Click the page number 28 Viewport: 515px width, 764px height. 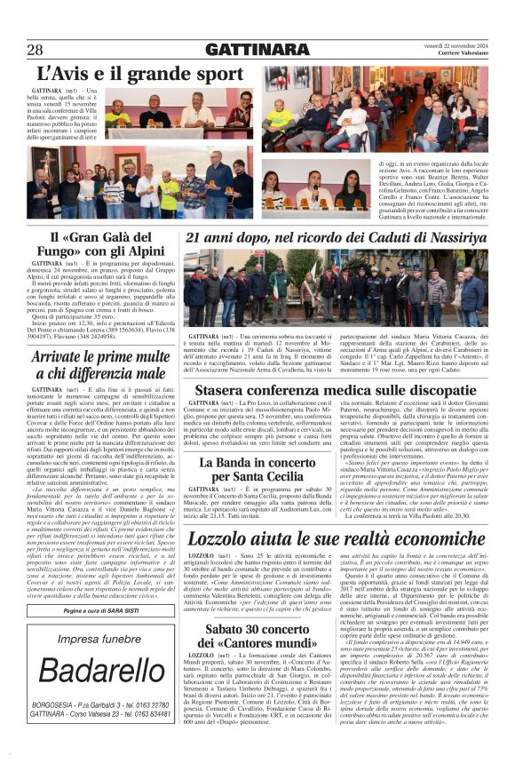tap(35, 49)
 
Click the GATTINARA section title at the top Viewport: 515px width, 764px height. tap(257, 49)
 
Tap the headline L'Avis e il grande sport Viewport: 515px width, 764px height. tap(140, 73)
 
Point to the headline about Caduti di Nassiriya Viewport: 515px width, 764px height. tap(336, 238)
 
